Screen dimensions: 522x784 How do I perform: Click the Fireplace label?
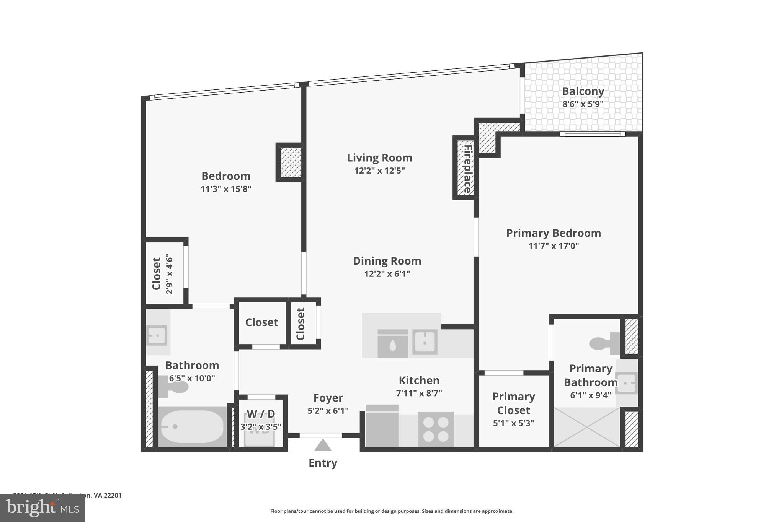pyautogui.click(x=467, y=169)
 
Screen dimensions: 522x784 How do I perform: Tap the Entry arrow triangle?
pyautogui.click(x=323, y=446)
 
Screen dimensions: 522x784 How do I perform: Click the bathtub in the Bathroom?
pyautogui.click(x=192, y=426)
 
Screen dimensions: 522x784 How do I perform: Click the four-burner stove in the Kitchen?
pyautogui.click(x=436, y=429)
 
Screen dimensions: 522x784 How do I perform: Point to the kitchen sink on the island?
pyautogui.click(x=425, y=341)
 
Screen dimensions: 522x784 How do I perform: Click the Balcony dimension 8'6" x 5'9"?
pyautogui.click(x=583, y=104)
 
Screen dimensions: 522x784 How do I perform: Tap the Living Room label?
pyautogui.click(x=379, y=158)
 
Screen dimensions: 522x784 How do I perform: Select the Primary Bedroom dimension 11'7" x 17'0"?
pyautogui.click(x=553, y=246)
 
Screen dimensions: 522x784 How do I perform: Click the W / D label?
pyautogui.click(x=261, y=414)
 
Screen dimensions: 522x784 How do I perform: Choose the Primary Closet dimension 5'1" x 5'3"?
pyautogui.click(x=513, y=423)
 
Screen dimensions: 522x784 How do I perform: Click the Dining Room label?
pyautogui.click(x=387, y=261)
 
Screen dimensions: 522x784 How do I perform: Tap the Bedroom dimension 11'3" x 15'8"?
pyautogui.click(x=226, y=189)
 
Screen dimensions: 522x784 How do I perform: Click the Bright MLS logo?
pyautogui.click(x=42, y=508)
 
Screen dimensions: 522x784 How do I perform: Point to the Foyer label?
pyautogui.click(x=328, y=398)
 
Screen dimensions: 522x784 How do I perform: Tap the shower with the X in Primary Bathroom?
pyautogui.click(x=586, y=427)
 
